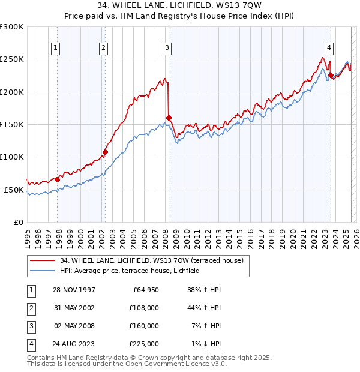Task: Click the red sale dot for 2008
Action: tap(169, 118)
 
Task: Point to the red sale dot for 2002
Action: tap(105, 152)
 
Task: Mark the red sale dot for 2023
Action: tap(331, 75)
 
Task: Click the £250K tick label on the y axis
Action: tap(12, 59)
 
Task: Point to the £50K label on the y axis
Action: tap(14, 190)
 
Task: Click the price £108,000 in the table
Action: tap(145, 308)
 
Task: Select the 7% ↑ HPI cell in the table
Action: tap(206, 326)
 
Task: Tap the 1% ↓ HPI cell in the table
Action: tap(206, 344)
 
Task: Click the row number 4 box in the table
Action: tap(31, 344)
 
